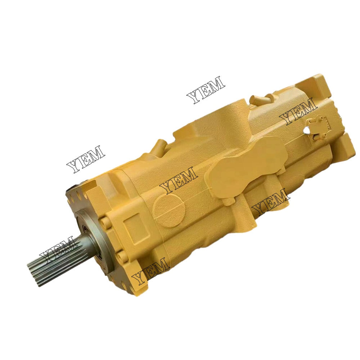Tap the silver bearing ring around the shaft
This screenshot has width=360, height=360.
tap(85, 238)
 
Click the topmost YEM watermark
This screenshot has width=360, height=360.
tap(206, 90)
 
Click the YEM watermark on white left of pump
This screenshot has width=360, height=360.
tap(86, 159)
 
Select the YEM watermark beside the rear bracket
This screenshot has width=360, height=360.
tap(298, 112)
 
